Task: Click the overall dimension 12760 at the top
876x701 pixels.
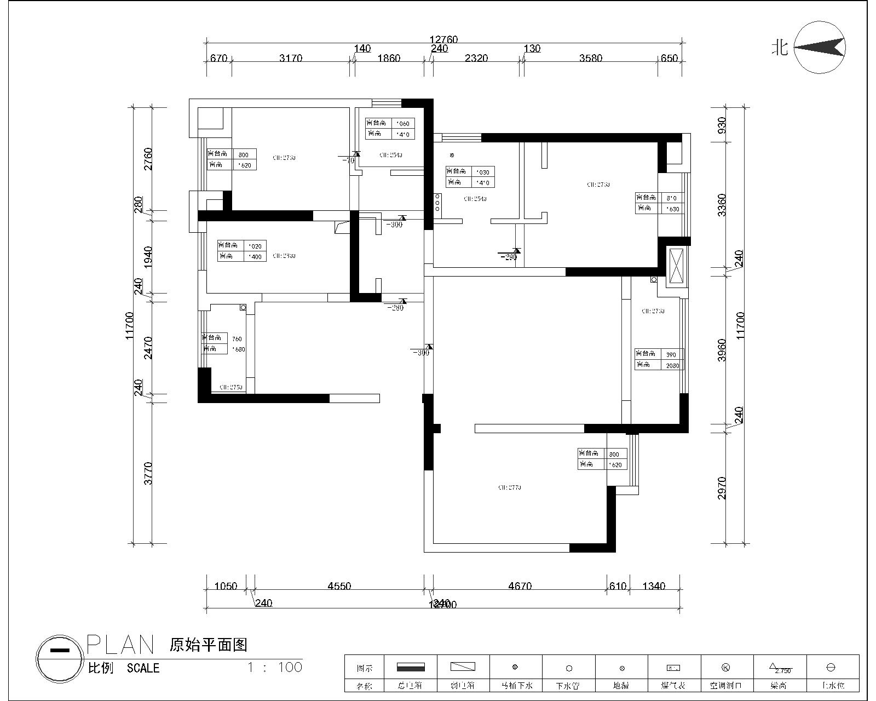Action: click(x=443, y=39)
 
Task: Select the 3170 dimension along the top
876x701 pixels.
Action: click(x=291, y=58)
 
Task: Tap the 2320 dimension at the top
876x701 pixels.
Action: click(x=476, y=58)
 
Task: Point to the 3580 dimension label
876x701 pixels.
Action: click(x=591, y=58)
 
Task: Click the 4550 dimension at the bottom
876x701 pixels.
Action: click(x=339, y=586)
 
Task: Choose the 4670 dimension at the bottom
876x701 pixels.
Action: click(x=520, y=586)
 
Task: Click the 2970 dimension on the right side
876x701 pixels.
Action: click(x=722, y=487)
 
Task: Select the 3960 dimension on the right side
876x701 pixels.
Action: click(x=722, y=350)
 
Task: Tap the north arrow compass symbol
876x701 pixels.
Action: click(x=820, y=48)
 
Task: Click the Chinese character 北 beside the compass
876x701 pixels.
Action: click(x=780, y=48)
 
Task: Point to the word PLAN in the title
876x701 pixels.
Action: click(x=121, y=645)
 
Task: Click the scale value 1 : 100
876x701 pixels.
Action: click(x=275, y=667)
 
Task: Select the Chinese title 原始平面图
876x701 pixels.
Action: click(x=209, y=645)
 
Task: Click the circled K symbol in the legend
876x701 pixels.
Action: click(x=726, y=668)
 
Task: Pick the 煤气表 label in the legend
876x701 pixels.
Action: click(x=673, y=686)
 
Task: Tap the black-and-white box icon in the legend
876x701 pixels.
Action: click(x=411, y=667)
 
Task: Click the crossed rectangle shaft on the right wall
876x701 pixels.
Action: click(x=676, y=266)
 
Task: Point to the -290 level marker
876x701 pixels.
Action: click(x=509, y=256)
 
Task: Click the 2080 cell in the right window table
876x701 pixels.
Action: click(x=673, y=366)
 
